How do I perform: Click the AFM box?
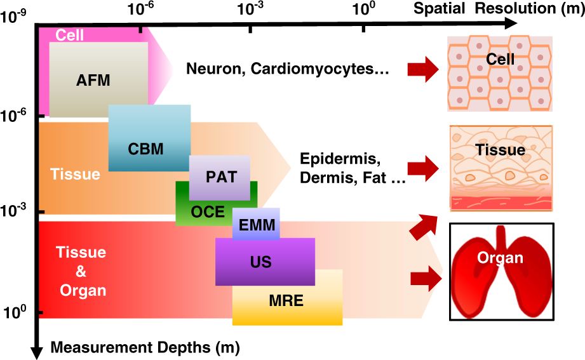point(98,80)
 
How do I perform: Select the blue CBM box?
point(149,138)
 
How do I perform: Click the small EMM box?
point(256,223)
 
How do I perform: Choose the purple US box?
point(265,262)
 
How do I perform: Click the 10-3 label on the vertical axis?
point(13,211)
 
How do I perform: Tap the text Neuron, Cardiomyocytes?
point(287,69)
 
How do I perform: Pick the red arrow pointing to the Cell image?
point(422,68)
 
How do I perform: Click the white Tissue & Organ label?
point(82,271)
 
